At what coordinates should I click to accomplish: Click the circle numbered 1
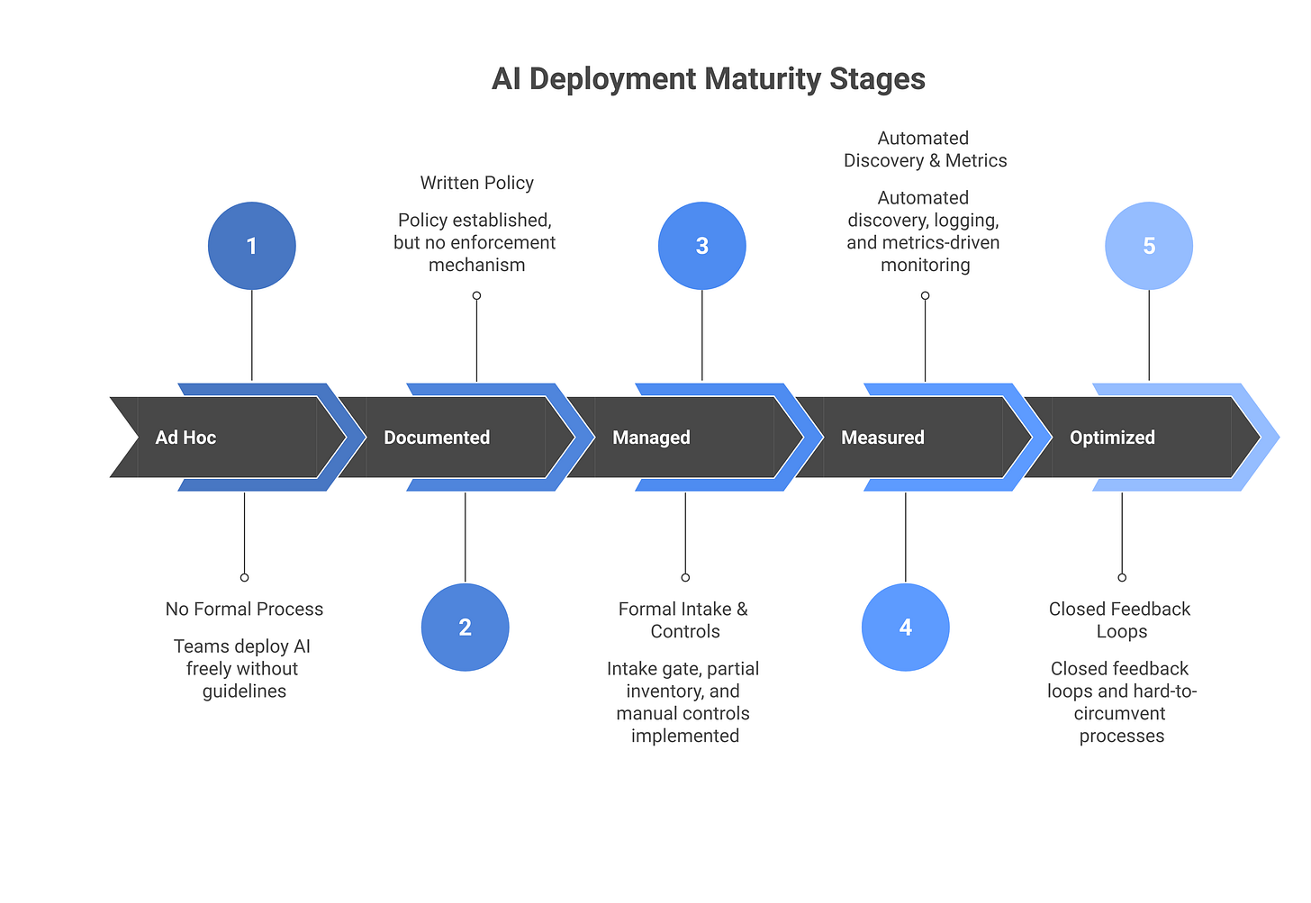[252, 246]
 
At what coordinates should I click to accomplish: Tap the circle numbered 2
[465, 628]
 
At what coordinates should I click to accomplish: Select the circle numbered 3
[702, 246]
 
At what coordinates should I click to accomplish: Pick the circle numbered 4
[906, 628]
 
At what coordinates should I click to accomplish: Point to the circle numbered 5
[1149, 246]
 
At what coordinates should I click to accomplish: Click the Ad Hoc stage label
[185, 438]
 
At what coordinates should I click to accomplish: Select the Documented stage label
[437, 438]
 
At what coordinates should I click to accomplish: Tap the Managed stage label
[651, 438]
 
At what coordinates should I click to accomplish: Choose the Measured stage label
[882, 438]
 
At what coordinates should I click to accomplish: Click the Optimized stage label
[1112, 438]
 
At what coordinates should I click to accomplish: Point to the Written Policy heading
[476, 183]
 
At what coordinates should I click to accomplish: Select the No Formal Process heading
[244, 610]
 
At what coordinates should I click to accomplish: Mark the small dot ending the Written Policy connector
[476, 295]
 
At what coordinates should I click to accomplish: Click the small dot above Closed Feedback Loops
[1122, 577]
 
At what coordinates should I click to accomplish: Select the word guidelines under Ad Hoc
[244, 691]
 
